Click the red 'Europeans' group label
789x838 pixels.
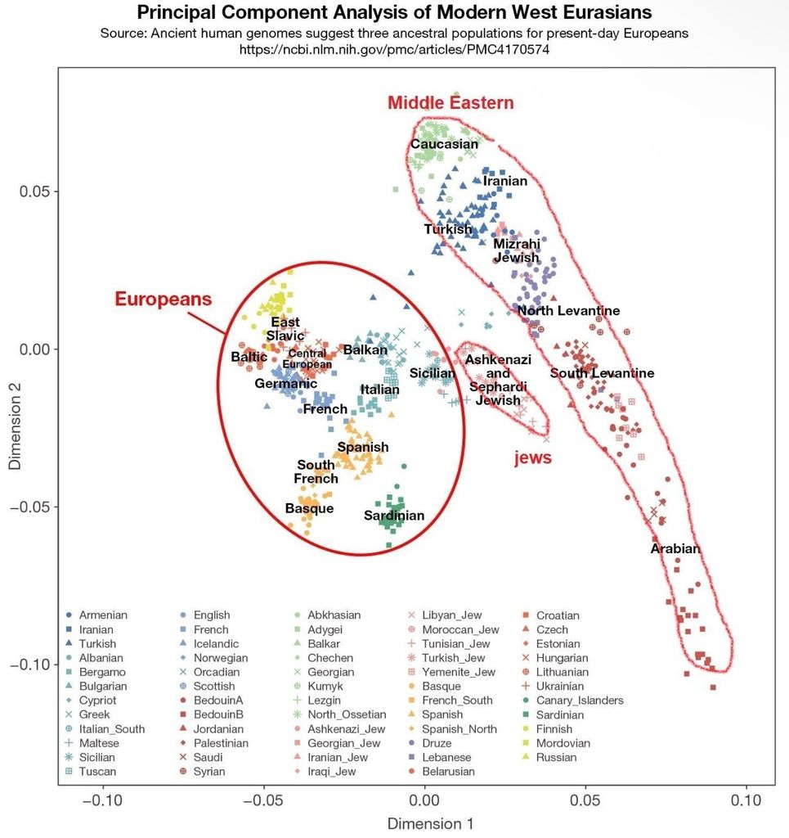(163, 299)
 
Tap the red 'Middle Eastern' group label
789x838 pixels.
(451, 103)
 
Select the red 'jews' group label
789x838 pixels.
(532, 458)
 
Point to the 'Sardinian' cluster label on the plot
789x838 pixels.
(394, 516)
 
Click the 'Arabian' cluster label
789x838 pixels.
(675, 548)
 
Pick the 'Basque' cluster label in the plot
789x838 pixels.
(309, 508)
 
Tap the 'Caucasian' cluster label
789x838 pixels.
(444, 145)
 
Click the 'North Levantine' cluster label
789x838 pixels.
(568, 311)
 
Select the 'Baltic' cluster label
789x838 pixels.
(249, 357)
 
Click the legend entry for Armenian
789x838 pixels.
(103, 615)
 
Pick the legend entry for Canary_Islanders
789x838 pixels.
(580, 701)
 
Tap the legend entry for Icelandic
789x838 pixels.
(217, 644)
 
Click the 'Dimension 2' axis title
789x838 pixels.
(15, 429)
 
